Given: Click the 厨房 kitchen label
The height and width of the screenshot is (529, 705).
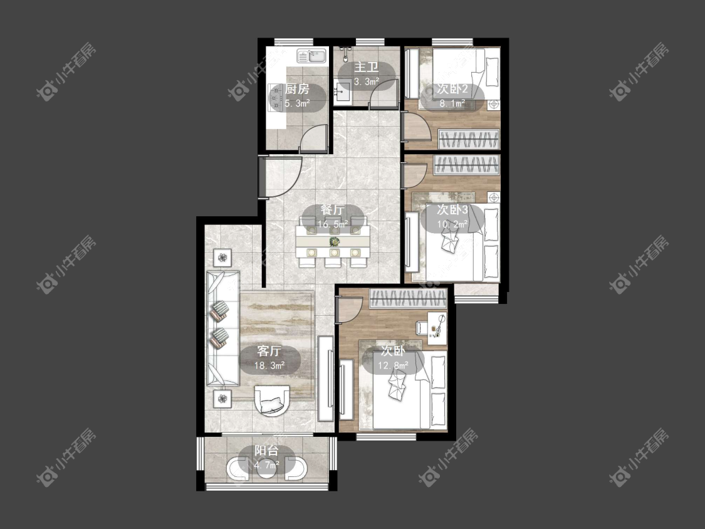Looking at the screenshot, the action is [297, 89].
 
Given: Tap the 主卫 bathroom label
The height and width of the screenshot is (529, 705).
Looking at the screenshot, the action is [367, 68].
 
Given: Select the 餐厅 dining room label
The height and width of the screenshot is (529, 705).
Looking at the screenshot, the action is [333, 210].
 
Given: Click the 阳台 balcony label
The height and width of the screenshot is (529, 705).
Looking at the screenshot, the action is [266, 451].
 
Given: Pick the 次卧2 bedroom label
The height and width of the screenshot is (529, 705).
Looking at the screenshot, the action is [452, 89].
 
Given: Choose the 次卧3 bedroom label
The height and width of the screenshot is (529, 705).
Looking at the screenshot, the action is [452, 210].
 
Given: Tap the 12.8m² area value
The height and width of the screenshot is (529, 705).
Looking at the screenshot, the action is [393, 365].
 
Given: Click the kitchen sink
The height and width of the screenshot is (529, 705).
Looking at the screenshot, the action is [312, 56].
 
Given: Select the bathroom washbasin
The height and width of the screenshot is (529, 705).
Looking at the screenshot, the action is [342, 93].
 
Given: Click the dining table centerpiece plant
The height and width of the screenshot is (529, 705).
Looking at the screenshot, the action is [335, 241].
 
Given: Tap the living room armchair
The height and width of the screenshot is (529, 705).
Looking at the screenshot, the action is [271, 401].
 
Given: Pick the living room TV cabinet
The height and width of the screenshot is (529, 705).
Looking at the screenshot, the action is [325, 379].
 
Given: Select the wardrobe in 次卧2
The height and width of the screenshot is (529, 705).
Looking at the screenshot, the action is [469, 139].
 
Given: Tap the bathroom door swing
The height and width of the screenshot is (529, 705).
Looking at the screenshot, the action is [384, 93].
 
